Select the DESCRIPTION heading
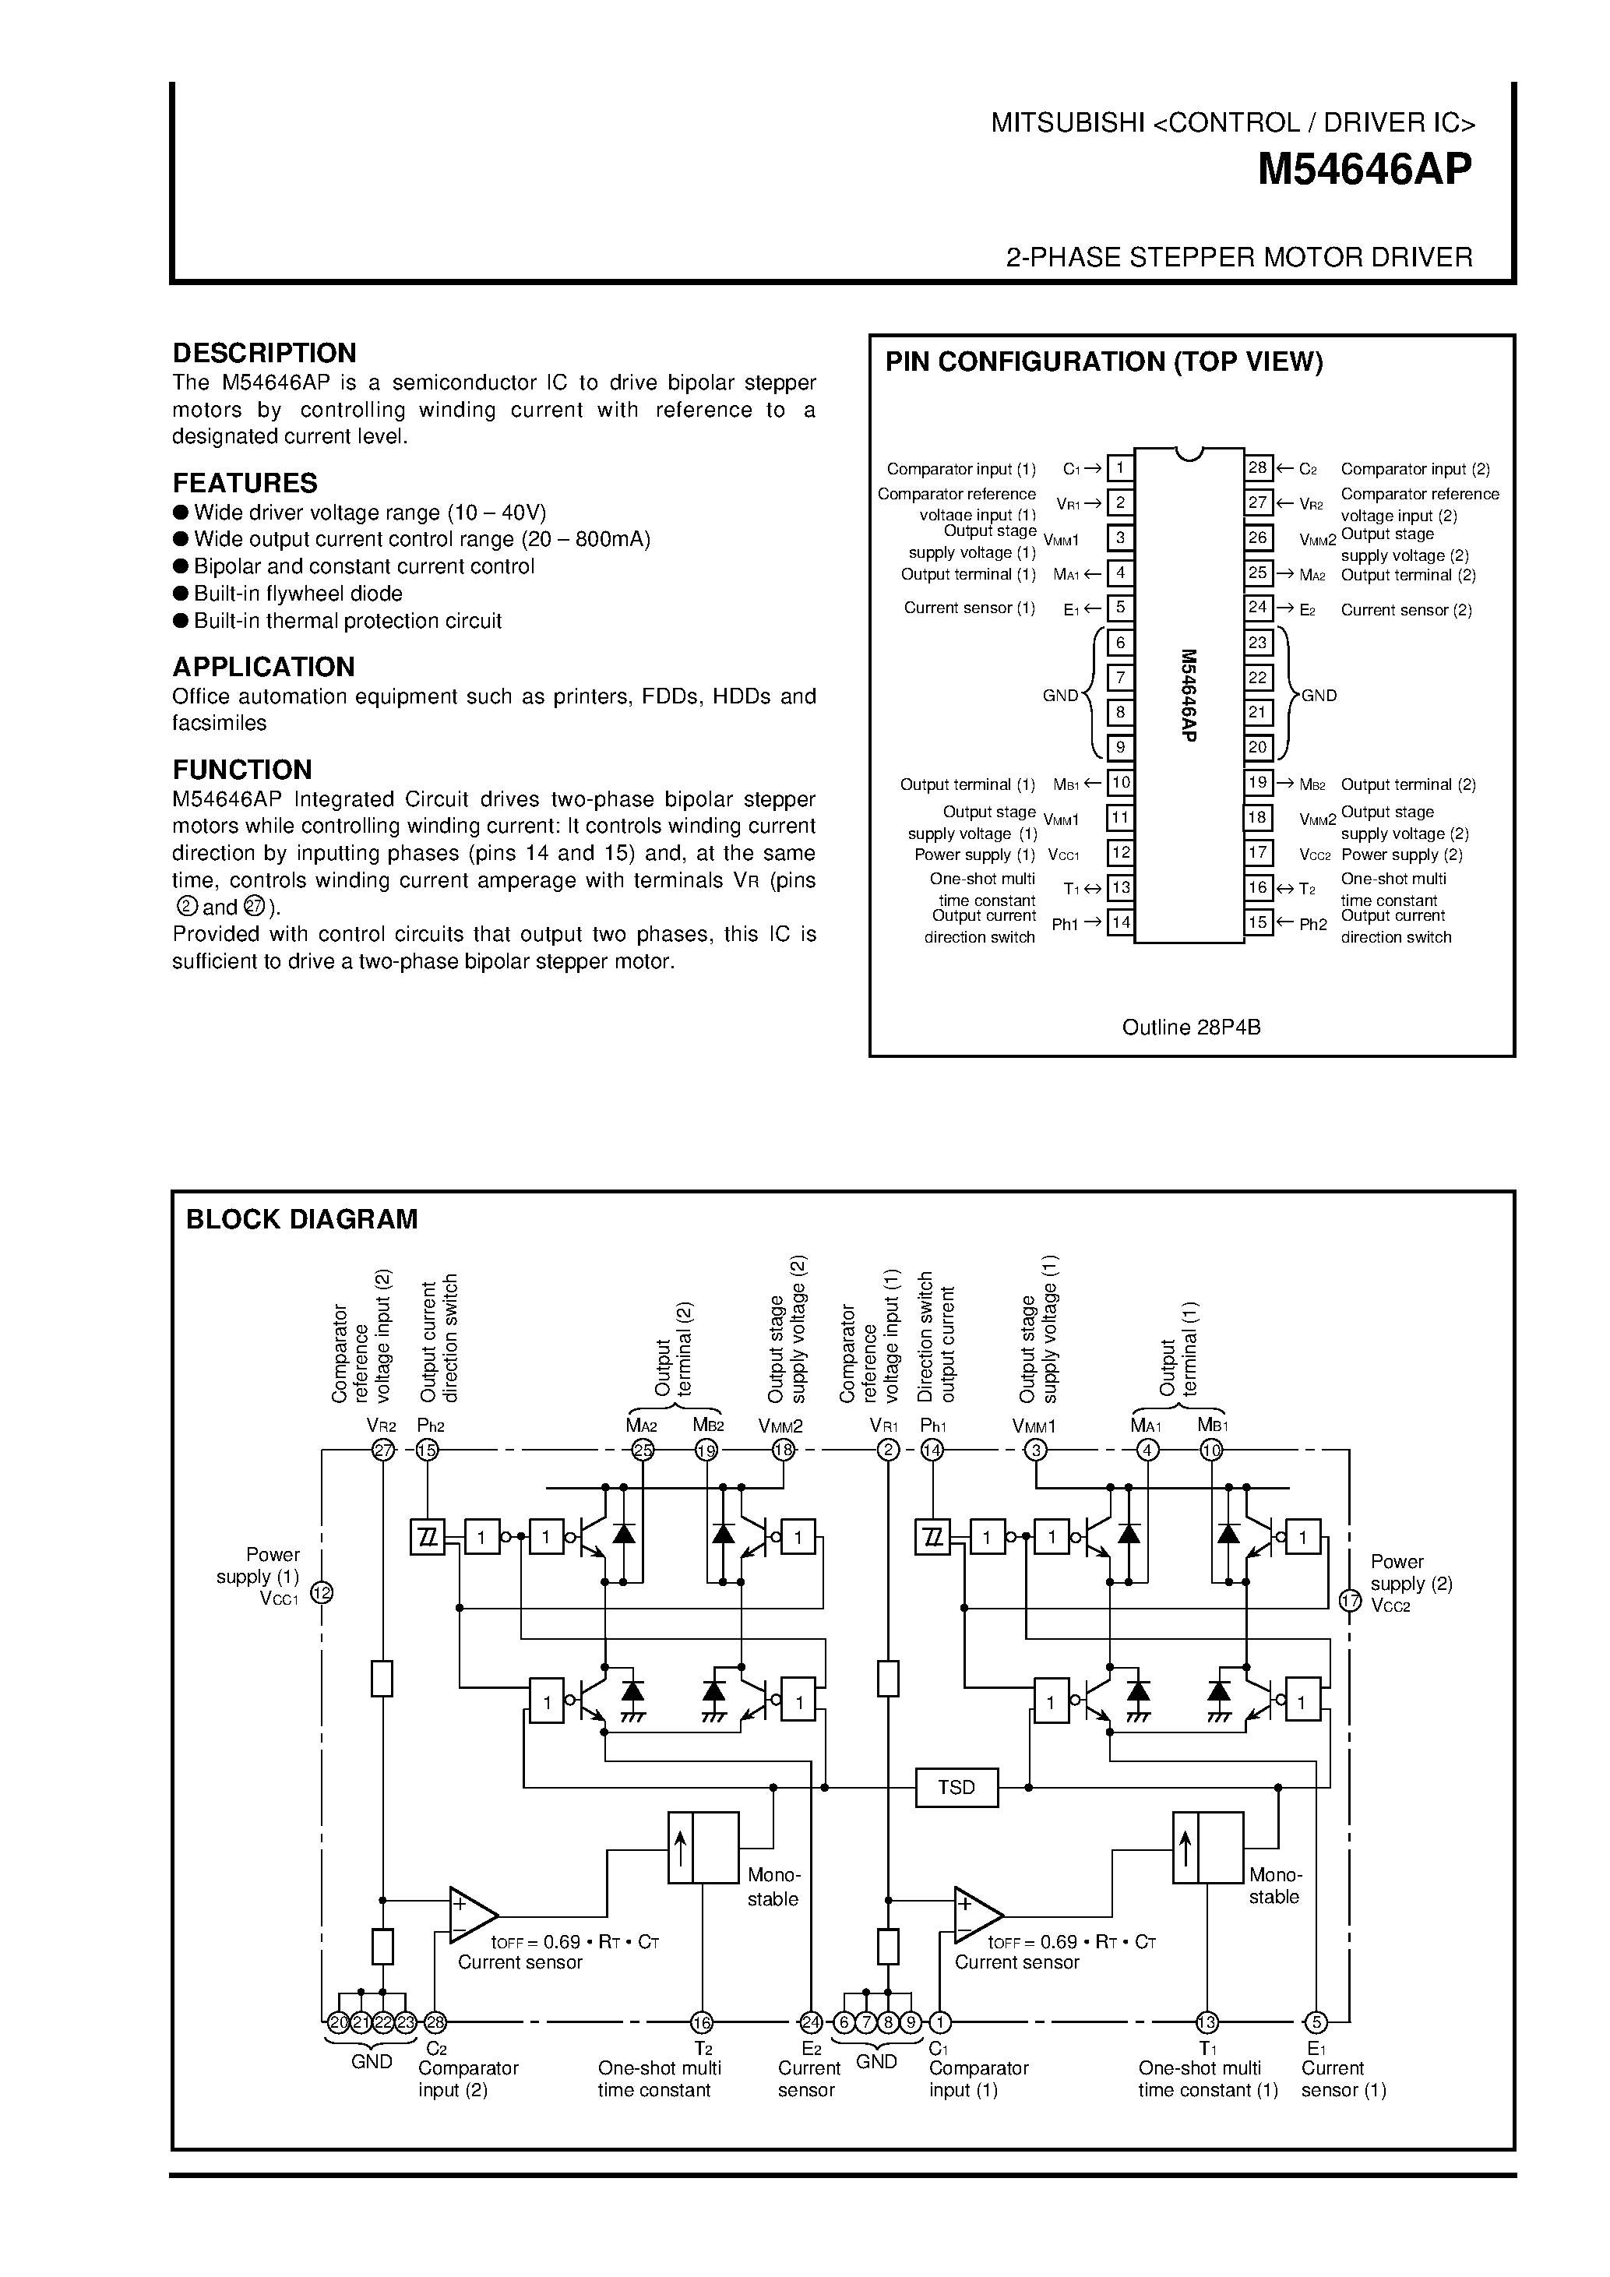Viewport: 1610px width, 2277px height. pos(264,353)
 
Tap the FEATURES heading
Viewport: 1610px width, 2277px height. pos(245,483)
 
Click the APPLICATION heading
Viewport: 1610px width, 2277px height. pos(264,667)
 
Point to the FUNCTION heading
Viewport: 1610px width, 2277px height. pos(242,770)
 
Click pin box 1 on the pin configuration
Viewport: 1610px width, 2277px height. pos(1120,468)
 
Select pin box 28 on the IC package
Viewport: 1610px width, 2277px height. pos(1258,468)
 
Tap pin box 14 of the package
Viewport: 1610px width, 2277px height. pos(1120,922)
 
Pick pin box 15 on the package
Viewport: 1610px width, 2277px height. pos(1258,922)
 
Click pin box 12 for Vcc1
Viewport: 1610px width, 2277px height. pos(1120,853)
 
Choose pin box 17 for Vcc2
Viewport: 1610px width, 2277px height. pos(1258,853)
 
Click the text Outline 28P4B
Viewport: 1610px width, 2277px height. pos(1191,1027)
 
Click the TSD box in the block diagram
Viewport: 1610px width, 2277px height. pos(956,1787)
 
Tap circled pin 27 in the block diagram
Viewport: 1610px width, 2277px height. pos(382,1450)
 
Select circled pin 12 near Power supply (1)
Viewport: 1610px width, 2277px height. pos(322,1593)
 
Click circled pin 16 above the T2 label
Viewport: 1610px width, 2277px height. pos(702,2022)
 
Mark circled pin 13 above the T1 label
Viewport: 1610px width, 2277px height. pos(1207,2022)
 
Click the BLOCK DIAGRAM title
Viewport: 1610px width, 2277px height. pos(301,1219)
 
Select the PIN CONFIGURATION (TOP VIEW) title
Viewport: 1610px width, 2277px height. pos(1104,362)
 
